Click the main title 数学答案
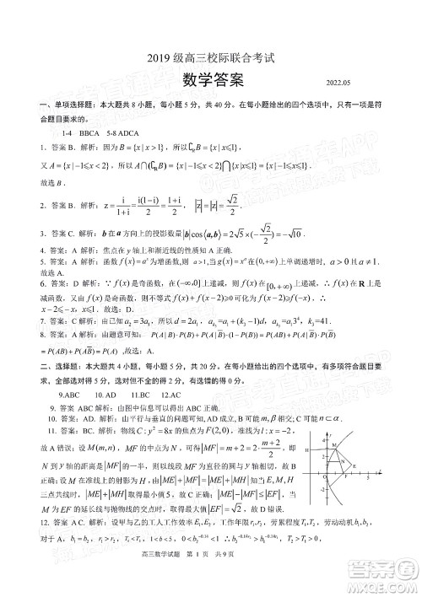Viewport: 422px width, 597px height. pos(211,79)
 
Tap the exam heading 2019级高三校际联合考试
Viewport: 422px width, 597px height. pos(211,58)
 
